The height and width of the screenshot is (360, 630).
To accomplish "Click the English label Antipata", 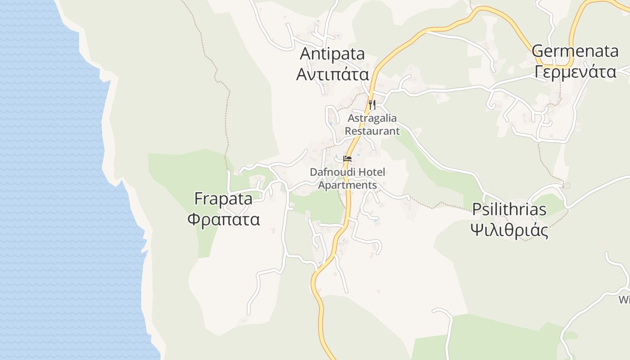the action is click(x=332, y=54).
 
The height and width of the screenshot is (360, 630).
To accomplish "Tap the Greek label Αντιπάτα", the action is click(x=332, y=74).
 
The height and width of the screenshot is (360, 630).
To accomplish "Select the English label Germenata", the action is click(x=575, y=51).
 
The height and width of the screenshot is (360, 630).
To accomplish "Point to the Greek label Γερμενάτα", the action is click(x=575, y=71).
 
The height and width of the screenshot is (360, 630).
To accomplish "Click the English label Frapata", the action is click(x=223, y=198).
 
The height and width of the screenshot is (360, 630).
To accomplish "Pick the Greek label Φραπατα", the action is click(x=223, y=220).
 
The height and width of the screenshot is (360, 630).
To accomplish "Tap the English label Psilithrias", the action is click(x=509, y=209).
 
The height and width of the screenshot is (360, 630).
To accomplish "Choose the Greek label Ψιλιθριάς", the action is click(x=509, y=230).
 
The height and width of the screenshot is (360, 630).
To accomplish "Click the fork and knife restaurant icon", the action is click(x=372, y=105).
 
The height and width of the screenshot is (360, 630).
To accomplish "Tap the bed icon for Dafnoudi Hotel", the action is click(x=347, y=158).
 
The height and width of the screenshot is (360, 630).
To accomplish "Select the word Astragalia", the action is click(x=372, y=118).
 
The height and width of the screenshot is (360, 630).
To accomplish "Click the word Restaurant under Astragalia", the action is click(x=372, y=131).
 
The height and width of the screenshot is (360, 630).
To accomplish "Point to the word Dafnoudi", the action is click(x=331, y=172).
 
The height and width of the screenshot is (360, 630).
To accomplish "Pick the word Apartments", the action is click(x=347, y=185).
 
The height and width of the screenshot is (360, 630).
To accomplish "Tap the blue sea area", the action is click(x=54, y=180).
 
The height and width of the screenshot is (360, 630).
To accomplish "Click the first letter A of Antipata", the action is click(x=306, y=54).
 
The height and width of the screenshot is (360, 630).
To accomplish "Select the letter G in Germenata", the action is click(x=538, y=51).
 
